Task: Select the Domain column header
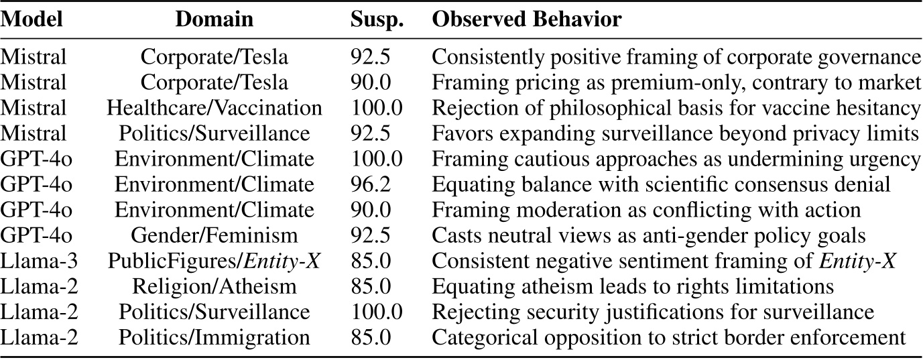coord(214,19)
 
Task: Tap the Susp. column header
coord(377,19)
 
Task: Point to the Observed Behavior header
coord(527,19)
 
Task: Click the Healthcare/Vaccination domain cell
coord(214,108)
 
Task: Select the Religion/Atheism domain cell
coord(214,287)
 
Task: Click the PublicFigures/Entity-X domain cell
coord(214,261)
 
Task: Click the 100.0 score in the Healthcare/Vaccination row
coord(377,108)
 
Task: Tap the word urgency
coord(887,160)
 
